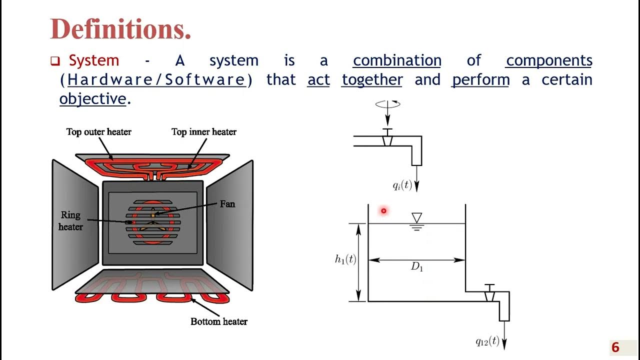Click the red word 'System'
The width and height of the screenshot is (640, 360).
point(94,60)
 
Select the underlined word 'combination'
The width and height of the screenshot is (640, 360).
point(397,60)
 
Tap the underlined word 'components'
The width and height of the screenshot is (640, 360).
point(549,60)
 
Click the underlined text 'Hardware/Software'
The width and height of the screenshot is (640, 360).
point(156,80)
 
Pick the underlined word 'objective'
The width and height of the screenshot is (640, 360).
point(92,99)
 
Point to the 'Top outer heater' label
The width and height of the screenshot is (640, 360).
point(99,132)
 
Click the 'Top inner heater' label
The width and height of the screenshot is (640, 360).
point(204,132)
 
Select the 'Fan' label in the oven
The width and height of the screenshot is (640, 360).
point(227,204)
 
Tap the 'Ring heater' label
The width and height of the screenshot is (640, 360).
point(70,221)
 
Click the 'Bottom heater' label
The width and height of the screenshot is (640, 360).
point(219,321)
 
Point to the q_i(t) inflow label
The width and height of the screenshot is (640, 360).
point(402,185)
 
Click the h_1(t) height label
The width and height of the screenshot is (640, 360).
point(345,259)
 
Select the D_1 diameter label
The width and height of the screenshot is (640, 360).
point(417,267)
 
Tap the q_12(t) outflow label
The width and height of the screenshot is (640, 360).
point(487,341)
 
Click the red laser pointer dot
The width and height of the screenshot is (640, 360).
point(383,211)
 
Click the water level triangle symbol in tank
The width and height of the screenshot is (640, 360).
point(416,218)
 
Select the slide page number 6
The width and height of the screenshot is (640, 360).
point(615,347)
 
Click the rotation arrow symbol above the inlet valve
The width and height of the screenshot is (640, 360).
point(387,104)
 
